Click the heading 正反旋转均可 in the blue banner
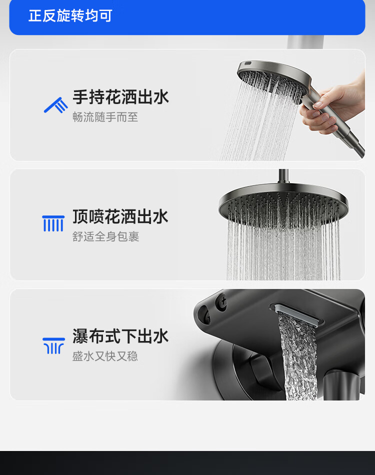coord(70,16)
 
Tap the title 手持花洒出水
coord(120,97)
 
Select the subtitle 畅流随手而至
coord(105,117)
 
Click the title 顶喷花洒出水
coord(120,216)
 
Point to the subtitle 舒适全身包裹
coord(105,236)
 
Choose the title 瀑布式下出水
coord(120,336)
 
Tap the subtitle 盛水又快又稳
coord(105,356)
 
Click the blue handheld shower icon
coord(55,105)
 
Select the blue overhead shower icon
coord(53,223)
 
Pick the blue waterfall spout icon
coord(53,345)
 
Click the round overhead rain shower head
coord(283,202)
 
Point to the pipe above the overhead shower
coord(283,176)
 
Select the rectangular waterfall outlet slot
coord(298,313)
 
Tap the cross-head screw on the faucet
coord(222,301)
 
